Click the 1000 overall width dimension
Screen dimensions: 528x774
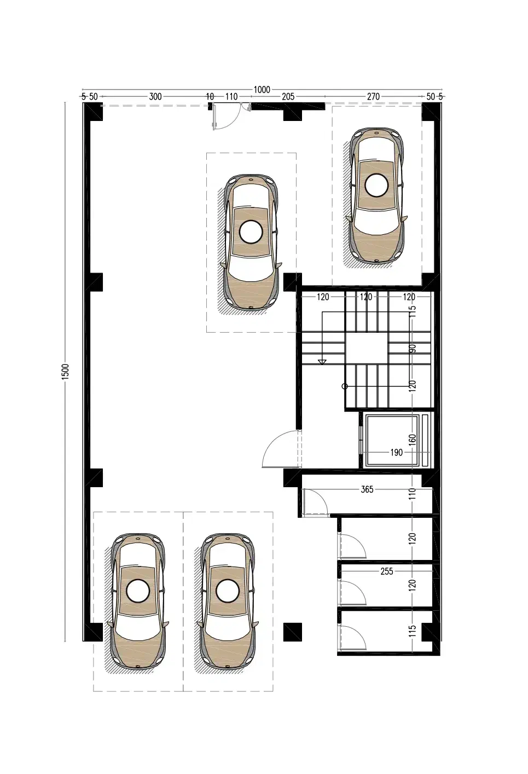click(262, 90)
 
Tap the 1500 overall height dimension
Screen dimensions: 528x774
click(66, 372)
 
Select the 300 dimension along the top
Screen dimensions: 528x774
click(155, 97)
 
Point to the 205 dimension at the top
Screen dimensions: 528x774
click(288, 97)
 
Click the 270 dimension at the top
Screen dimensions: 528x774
click(373, 97)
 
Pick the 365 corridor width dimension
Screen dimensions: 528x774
click(367, 489)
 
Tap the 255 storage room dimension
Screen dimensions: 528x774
click(387, 571)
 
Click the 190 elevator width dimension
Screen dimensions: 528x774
click(397, 452)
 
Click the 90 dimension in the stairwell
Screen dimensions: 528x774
click(413, 349)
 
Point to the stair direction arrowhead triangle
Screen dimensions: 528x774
click(322, 362)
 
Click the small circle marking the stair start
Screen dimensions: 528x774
click(344, 386)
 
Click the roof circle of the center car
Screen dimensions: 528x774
click(251, 232)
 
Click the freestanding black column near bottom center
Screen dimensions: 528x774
click(293, 632)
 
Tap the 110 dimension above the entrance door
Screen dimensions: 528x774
click(231, 97)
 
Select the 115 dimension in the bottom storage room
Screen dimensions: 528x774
click(413, 631)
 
